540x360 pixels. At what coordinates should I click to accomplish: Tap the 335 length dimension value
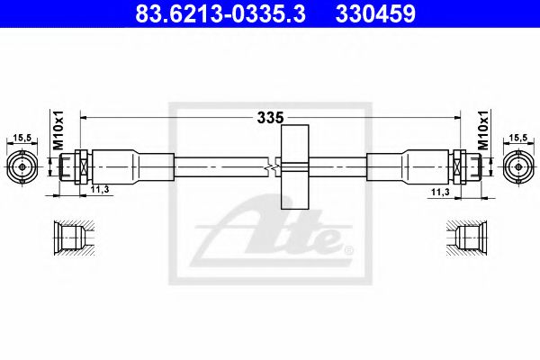[270, 117]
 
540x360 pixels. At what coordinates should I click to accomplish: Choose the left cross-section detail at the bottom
[72, 238]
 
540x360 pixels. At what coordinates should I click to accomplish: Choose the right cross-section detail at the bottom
[468, 238]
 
